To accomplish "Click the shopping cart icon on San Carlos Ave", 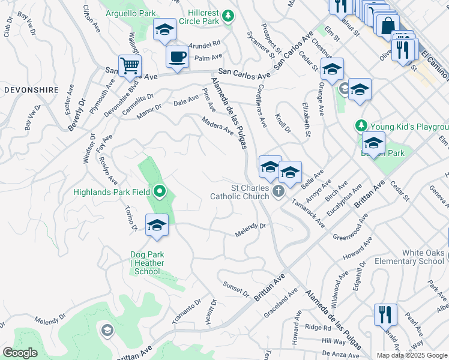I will (x=130, y=65).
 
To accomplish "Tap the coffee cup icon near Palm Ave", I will (x=177, y=57).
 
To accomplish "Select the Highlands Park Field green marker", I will (x=159, y=192).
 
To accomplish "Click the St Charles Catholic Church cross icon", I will (x=277, y=191).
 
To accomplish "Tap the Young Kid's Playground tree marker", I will (x=361, y=126).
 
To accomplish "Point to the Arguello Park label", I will (x=130, y=13).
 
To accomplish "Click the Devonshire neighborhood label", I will (x=31, y=89).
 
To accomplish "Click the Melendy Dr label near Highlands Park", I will (x=250, y=229).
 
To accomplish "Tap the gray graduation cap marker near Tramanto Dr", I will (x=107, y=329).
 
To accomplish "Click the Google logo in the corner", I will (x=20, y=353).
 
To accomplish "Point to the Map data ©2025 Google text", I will (x=411, y=355).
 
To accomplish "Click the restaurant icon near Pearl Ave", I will (x=385, y=314).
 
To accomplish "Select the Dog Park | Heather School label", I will (x=147, y=263).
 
